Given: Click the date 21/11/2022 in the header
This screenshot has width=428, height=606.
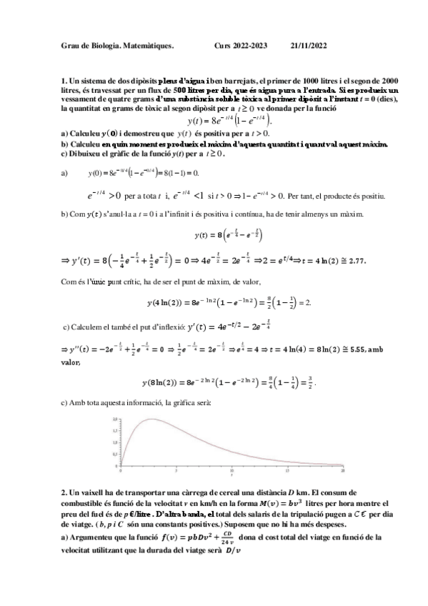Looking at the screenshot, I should point(309,46).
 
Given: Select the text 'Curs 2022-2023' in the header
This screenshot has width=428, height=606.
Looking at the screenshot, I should point(241,46).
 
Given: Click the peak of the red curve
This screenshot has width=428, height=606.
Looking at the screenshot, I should point(151,419).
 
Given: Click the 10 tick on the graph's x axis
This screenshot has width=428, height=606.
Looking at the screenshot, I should point(232,472).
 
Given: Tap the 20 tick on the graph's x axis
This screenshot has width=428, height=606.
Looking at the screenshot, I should point(343,472).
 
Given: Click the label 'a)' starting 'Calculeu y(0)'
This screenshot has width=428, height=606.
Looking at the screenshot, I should point(64,133).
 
